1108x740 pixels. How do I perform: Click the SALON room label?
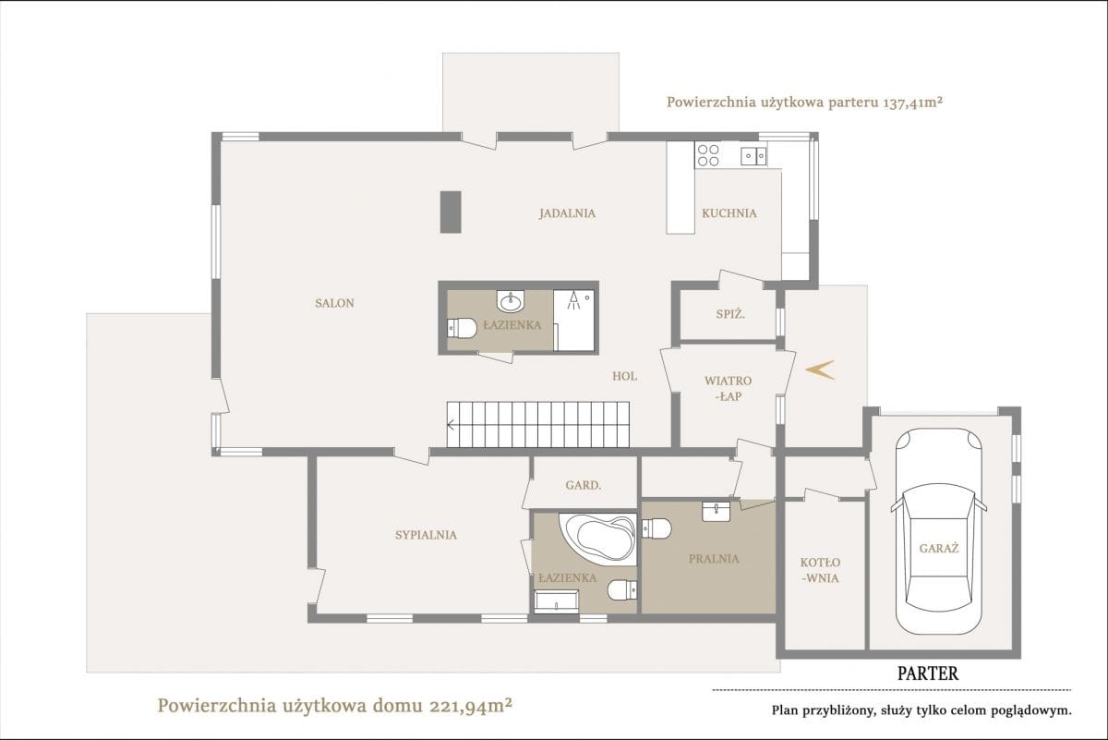point(334,303)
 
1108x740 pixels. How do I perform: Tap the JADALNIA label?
point(567,213)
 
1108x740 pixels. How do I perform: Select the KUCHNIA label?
point(729,213)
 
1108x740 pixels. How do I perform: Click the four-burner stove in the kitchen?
point(708,155)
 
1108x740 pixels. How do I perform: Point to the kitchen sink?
point(753,156)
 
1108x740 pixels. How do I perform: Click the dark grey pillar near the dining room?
point(451,212)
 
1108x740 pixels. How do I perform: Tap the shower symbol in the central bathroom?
point(573,300)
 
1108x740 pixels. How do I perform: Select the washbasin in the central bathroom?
point(510,300)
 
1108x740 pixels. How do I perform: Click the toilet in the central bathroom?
point(462,328)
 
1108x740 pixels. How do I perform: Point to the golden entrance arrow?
point(820,370)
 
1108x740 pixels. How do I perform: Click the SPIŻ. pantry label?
point(730,314)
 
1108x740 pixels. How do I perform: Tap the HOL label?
point(624,376)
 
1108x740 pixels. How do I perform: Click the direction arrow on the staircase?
point(451,425)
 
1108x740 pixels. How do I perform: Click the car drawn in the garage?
point(938,530)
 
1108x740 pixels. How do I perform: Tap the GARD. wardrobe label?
point(584,486)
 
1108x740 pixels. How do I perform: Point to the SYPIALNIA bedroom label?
point(426,535)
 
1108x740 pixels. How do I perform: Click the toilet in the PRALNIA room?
point(656,528)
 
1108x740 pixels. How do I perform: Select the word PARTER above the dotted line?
point(928,673)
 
